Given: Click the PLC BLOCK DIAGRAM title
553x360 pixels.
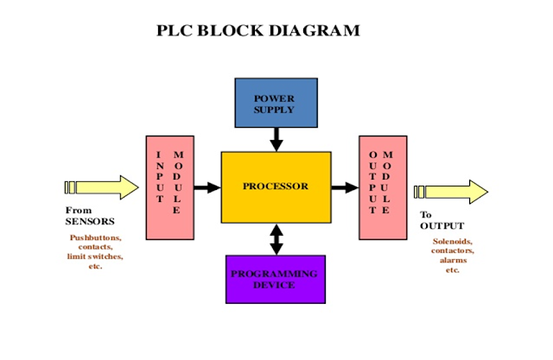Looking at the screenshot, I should tap(257, 31).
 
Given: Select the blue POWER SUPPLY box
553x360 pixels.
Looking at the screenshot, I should tap(275, 102).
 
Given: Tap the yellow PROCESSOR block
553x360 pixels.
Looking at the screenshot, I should tap(276, 186).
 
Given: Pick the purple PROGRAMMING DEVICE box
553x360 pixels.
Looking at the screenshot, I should tap(275, 279).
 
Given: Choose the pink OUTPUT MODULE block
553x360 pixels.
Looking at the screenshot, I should tap(382, 187).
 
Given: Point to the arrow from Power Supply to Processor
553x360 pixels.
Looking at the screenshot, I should tap(276, 138).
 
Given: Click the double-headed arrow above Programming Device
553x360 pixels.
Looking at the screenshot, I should tap(276, 238).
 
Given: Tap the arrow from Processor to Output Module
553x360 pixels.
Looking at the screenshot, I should tap(345, 186).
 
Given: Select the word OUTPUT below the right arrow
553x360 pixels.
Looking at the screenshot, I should tap(442, 226).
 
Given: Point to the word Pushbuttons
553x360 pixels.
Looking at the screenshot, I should tap(95, 237).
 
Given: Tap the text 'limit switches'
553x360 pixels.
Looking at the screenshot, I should tap(95, 256).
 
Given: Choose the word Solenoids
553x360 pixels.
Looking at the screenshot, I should tap(453, 242).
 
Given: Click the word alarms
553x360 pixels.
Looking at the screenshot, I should tap(453, 260).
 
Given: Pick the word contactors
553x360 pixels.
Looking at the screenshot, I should tap(453, 251).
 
